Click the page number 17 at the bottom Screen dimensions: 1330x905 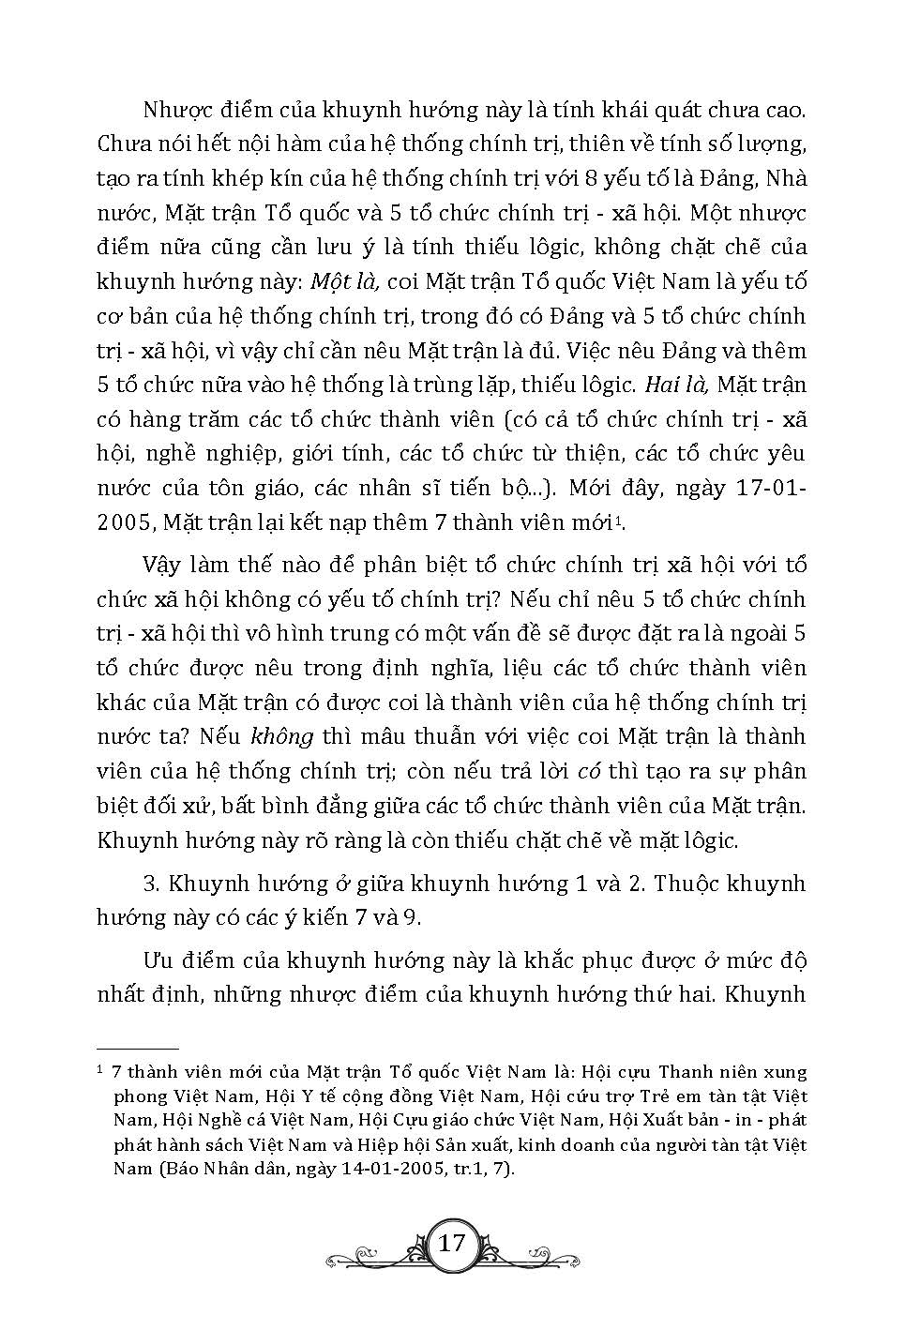coord(451,1243)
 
